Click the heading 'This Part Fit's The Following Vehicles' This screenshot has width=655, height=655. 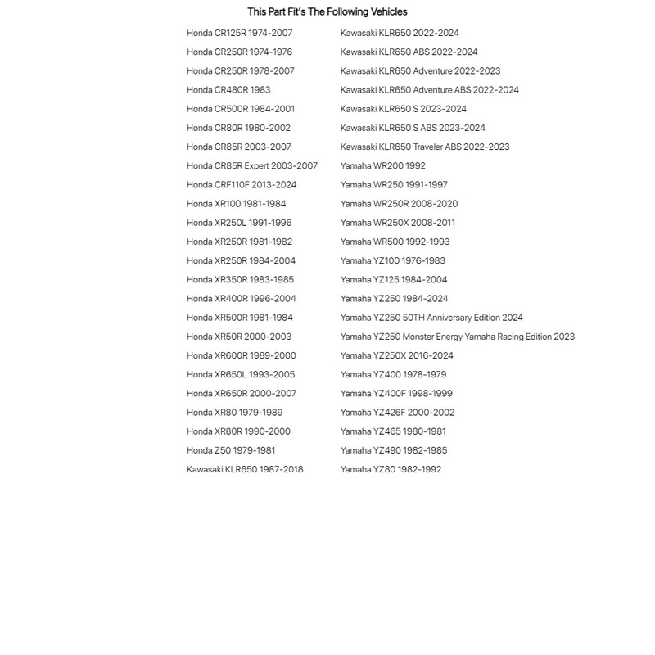(327, 11)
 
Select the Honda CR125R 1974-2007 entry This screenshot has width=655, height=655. (239, 33)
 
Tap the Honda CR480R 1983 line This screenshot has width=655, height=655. (228, 90)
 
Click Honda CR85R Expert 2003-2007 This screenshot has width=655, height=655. (252, 166)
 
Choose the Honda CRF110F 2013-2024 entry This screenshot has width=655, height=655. (242, 185)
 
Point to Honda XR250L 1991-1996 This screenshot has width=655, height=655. (239, 223)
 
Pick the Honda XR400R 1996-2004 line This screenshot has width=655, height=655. (242, 299)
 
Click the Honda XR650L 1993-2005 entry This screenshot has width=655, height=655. (241, 375)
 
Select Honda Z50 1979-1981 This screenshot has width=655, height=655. (231, 450)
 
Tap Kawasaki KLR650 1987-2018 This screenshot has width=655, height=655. (245, 470)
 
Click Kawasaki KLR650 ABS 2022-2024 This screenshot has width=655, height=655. (409, 52)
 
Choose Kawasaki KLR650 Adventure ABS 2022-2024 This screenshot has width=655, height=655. (430, 90)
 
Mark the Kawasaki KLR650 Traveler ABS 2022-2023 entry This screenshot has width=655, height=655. (425, 147)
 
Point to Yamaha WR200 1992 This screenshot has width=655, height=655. (383, 166)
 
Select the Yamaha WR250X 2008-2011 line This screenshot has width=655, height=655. (398, 223)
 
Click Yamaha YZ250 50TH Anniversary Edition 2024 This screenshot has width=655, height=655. (431, 318)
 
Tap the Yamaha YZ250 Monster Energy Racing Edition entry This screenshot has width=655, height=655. (458, 337)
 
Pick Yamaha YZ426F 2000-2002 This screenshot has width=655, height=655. (397, 413)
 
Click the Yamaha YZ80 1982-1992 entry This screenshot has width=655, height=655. (391, 470)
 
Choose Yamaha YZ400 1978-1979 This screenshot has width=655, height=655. (393, 375)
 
